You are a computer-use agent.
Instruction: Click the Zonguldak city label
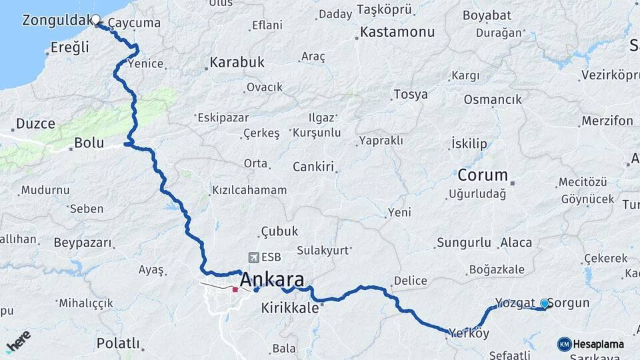pyautogui.click(x=56, y=21)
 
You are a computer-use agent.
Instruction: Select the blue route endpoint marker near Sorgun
pyautogui.click(x=544, y=304)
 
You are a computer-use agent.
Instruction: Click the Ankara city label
pyautogui.click(x=272, y=279)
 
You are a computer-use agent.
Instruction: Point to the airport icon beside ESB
pyautogui.click(x=253, y=257)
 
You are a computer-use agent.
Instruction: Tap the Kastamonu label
pyautogui.click(x=397, y=32)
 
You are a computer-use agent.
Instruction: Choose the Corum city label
pyautogui.click(x=482, y=175)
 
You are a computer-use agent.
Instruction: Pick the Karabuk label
pyautogui.click(x=237, y=62)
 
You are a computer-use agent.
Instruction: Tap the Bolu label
pyautogui.click(x=89, y=142)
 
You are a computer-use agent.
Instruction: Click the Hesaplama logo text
pyautogui.click(x=599, y=345)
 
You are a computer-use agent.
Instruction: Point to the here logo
pyautogui.click(x=18, y=341)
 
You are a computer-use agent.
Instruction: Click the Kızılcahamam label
pyautogui.click(x=249, y=190)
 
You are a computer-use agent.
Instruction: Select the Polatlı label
pyautogui.click(x=118, y=343)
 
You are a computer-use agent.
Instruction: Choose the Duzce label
pyautogui.click(x=35, y=123)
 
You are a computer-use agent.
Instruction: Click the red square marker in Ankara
pyautogui.click(x=235, y=290)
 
